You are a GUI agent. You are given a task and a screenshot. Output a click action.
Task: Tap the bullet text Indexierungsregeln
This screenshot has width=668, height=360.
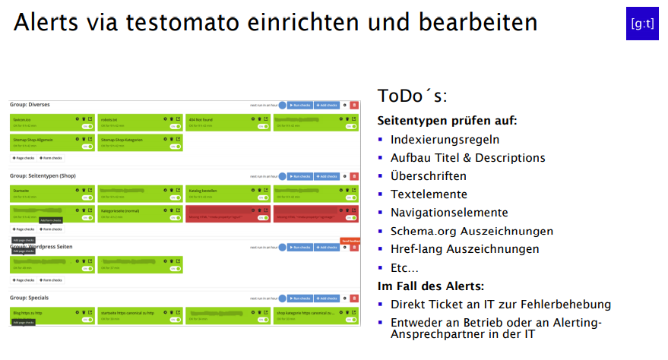(x=445, y=140)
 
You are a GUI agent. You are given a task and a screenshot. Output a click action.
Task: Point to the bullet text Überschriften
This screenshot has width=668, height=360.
(x=429, y=176)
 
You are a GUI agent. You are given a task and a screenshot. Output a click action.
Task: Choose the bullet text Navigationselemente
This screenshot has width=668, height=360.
(x=449, y=213)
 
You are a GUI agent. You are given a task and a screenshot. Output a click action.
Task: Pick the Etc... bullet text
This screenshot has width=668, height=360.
(x=404, y=267)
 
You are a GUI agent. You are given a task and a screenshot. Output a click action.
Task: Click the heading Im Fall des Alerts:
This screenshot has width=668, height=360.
(x=431, y=286)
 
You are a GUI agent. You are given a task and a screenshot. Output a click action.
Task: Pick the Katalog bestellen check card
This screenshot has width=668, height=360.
(x=227, y=193)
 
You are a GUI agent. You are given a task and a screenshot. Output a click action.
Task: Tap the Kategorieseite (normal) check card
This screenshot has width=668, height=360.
(x=140, y=213)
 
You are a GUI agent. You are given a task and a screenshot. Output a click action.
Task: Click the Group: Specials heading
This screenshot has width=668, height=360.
(x=30, y=298)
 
